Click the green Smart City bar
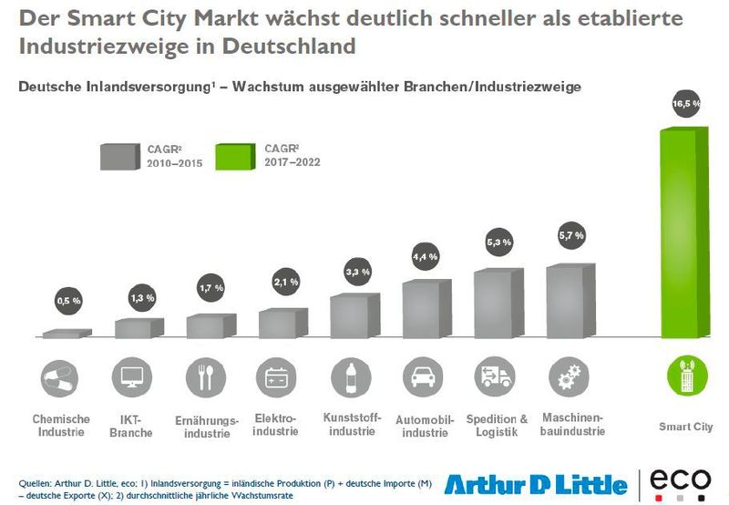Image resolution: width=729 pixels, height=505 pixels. click(683, 232)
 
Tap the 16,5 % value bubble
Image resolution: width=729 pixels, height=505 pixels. click(685, 104)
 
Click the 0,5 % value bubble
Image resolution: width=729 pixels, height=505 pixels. click(69, 299)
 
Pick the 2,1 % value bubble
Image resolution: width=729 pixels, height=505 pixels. click(285, 283)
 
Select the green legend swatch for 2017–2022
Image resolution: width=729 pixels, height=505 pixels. click(237, 156)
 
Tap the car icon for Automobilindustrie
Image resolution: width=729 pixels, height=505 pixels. click(422, 376)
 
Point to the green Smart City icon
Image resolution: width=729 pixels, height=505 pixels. click(685, 376)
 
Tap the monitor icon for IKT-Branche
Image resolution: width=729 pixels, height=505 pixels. click(130, 376)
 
